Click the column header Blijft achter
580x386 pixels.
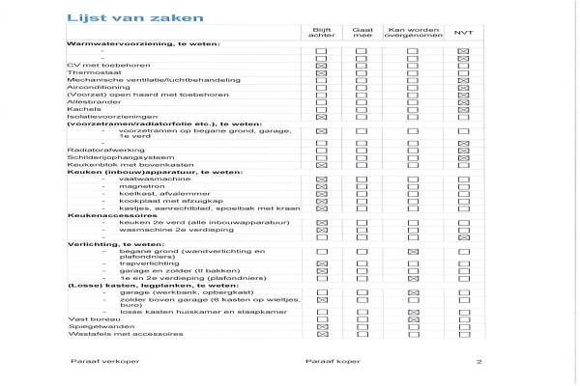(321, 33)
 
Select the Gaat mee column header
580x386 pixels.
(362, 33)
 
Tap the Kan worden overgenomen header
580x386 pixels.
(412, 33)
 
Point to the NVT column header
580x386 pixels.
(463, 33)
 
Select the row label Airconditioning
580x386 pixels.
(92, 87)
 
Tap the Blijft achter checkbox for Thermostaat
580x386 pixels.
(321, 72)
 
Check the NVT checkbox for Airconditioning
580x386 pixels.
(463, 87)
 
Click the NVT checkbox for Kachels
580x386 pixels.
(463, 109)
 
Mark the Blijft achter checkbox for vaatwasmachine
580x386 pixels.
(321, 179)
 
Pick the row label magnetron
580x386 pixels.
(135, 187)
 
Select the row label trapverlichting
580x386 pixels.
(144, 262)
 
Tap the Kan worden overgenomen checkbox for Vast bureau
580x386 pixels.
(412, 319)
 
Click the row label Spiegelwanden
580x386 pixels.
(92, 326)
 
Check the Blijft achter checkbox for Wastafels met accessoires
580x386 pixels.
(321, 334)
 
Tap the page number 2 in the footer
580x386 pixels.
(478, 363)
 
